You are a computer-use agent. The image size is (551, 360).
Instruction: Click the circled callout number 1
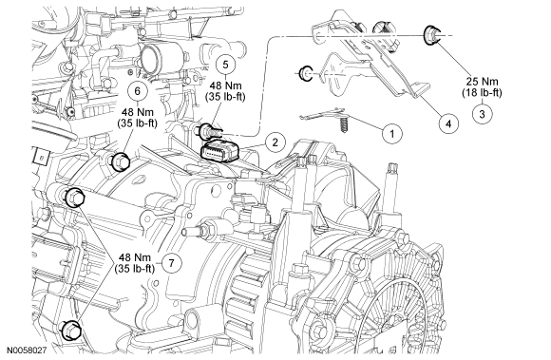(x=391, y=134)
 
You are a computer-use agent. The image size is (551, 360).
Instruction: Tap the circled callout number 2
(x=275, y=142)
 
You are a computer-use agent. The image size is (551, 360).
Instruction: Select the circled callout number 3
(x=482, y=114)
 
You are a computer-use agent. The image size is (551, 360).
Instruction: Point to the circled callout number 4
(x=448, y=123)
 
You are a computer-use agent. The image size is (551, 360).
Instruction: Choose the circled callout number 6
(x=138, y=90)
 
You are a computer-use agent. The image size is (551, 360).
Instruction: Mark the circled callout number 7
(x=172, y=263)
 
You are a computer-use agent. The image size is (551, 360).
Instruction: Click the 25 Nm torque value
(x=483, y=82)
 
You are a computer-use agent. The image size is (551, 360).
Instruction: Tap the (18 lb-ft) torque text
(x=482, y=93)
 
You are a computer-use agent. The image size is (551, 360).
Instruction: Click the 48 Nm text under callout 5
(x=225, y=85)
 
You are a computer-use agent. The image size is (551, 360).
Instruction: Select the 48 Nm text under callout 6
(x=138, y=112)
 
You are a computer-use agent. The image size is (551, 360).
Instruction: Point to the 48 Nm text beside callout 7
(x=135, y=257)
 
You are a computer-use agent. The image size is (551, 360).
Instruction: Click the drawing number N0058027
(x=27, y=351)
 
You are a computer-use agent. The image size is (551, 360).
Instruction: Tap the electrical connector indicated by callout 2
(x=219, y=152)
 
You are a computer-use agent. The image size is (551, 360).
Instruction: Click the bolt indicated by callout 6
(x=120, y=161)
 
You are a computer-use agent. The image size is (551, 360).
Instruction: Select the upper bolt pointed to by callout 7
(x=74, y=198)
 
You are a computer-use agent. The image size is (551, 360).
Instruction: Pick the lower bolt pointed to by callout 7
(x=70, y=331)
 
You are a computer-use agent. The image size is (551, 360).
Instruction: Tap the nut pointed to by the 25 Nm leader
(x=431, y=35)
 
